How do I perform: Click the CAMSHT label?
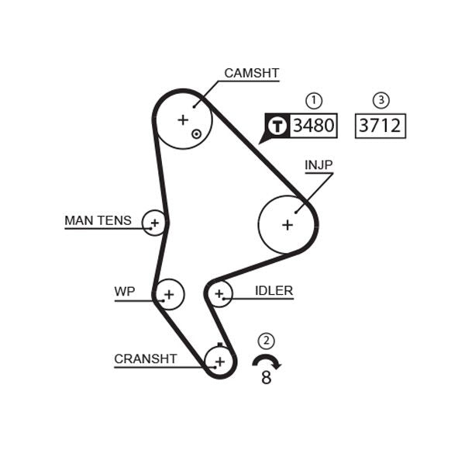coord(251,74)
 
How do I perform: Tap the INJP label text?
coord(318,165)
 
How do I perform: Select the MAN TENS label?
coord(98,220)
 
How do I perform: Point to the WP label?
coord(124,292)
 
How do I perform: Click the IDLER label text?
coord(274,291)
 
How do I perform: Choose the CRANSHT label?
coord(145,358)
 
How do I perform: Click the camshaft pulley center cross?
coord(183,119)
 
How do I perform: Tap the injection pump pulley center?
coord(288,224)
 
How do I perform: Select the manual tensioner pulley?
coord(155,223)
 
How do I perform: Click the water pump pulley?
coord(169,294)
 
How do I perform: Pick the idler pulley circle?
coord(219,293)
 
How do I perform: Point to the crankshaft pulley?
coord(220,361)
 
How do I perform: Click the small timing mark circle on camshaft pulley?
coord(197,133)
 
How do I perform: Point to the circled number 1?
coord(313,100)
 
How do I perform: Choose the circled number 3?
coord(381,100)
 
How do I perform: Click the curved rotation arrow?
coord(267,361)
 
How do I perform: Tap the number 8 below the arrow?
coord(267,379)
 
